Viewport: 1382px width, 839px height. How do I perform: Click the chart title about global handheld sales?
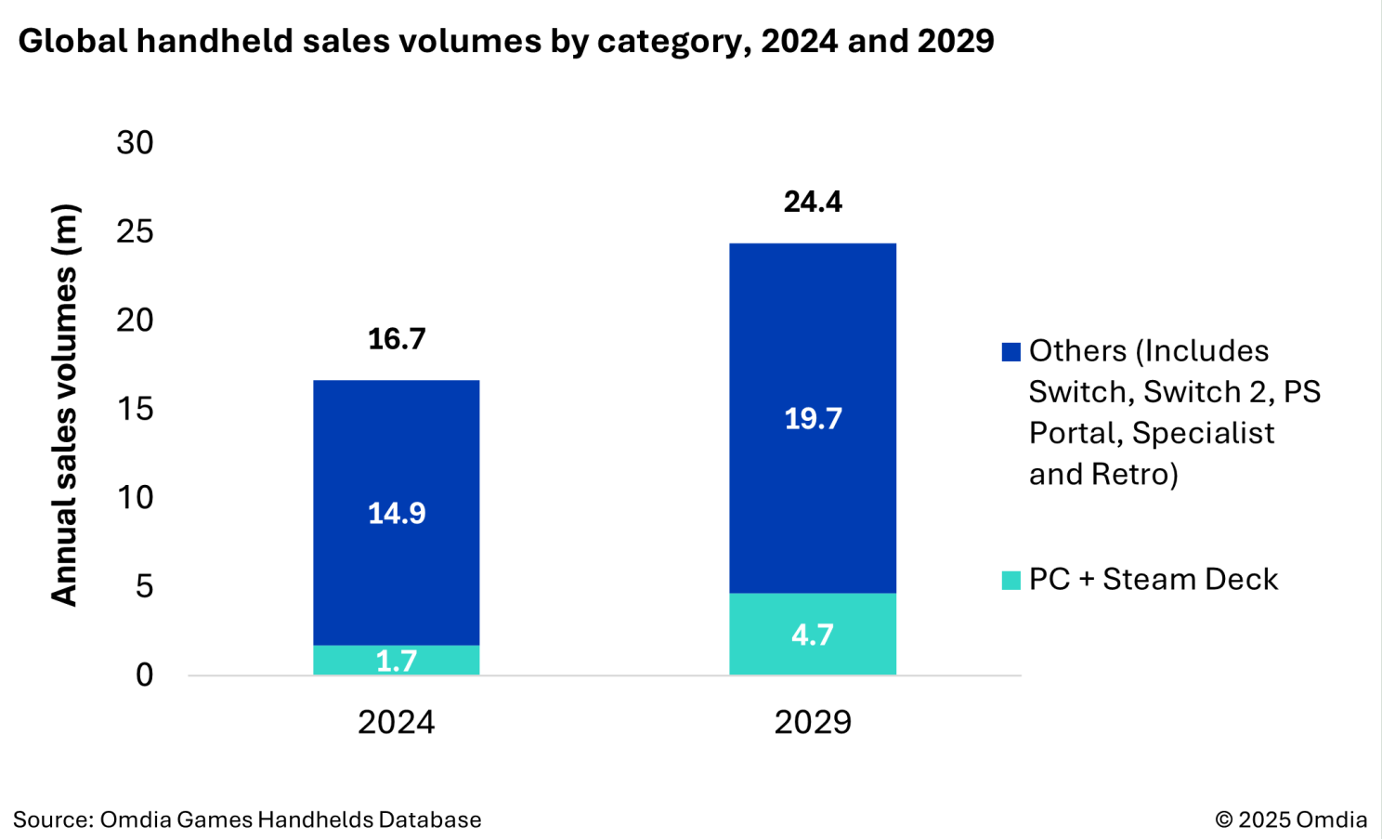point(506,41)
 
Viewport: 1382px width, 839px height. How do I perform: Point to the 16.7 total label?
point(397,339)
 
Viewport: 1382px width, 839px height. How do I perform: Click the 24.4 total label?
point(813,202)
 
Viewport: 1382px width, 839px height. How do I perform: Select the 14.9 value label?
point(397,513)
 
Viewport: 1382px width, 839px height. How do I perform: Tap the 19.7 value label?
point(813,418)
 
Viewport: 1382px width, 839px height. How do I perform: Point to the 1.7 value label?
point(397,661)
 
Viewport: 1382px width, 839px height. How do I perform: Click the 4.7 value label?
point(813,635)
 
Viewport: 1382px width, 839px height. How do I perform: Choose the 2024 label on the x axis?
point(397,722)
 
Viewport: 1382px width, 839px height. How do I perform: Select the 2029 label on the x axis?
point(813,722)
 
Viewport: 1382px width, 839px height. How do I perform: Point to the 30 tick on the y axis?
point(135,142)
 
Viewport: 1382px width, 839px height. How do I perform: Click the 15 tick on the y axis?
point(135,409)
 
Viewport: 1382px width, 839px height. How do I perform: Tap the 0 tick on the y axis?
point(144,675)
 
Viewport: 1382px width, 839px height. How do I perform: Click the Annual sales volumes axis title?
point(64,405)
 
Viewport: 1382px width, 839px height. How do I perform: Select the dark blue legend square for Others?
point(1011,351)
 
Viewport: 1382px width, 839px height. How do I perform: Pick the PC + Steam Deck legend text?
point(1154,579)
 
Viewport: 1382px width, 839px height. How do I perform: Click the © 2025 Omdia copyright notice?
point(1291,819)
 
